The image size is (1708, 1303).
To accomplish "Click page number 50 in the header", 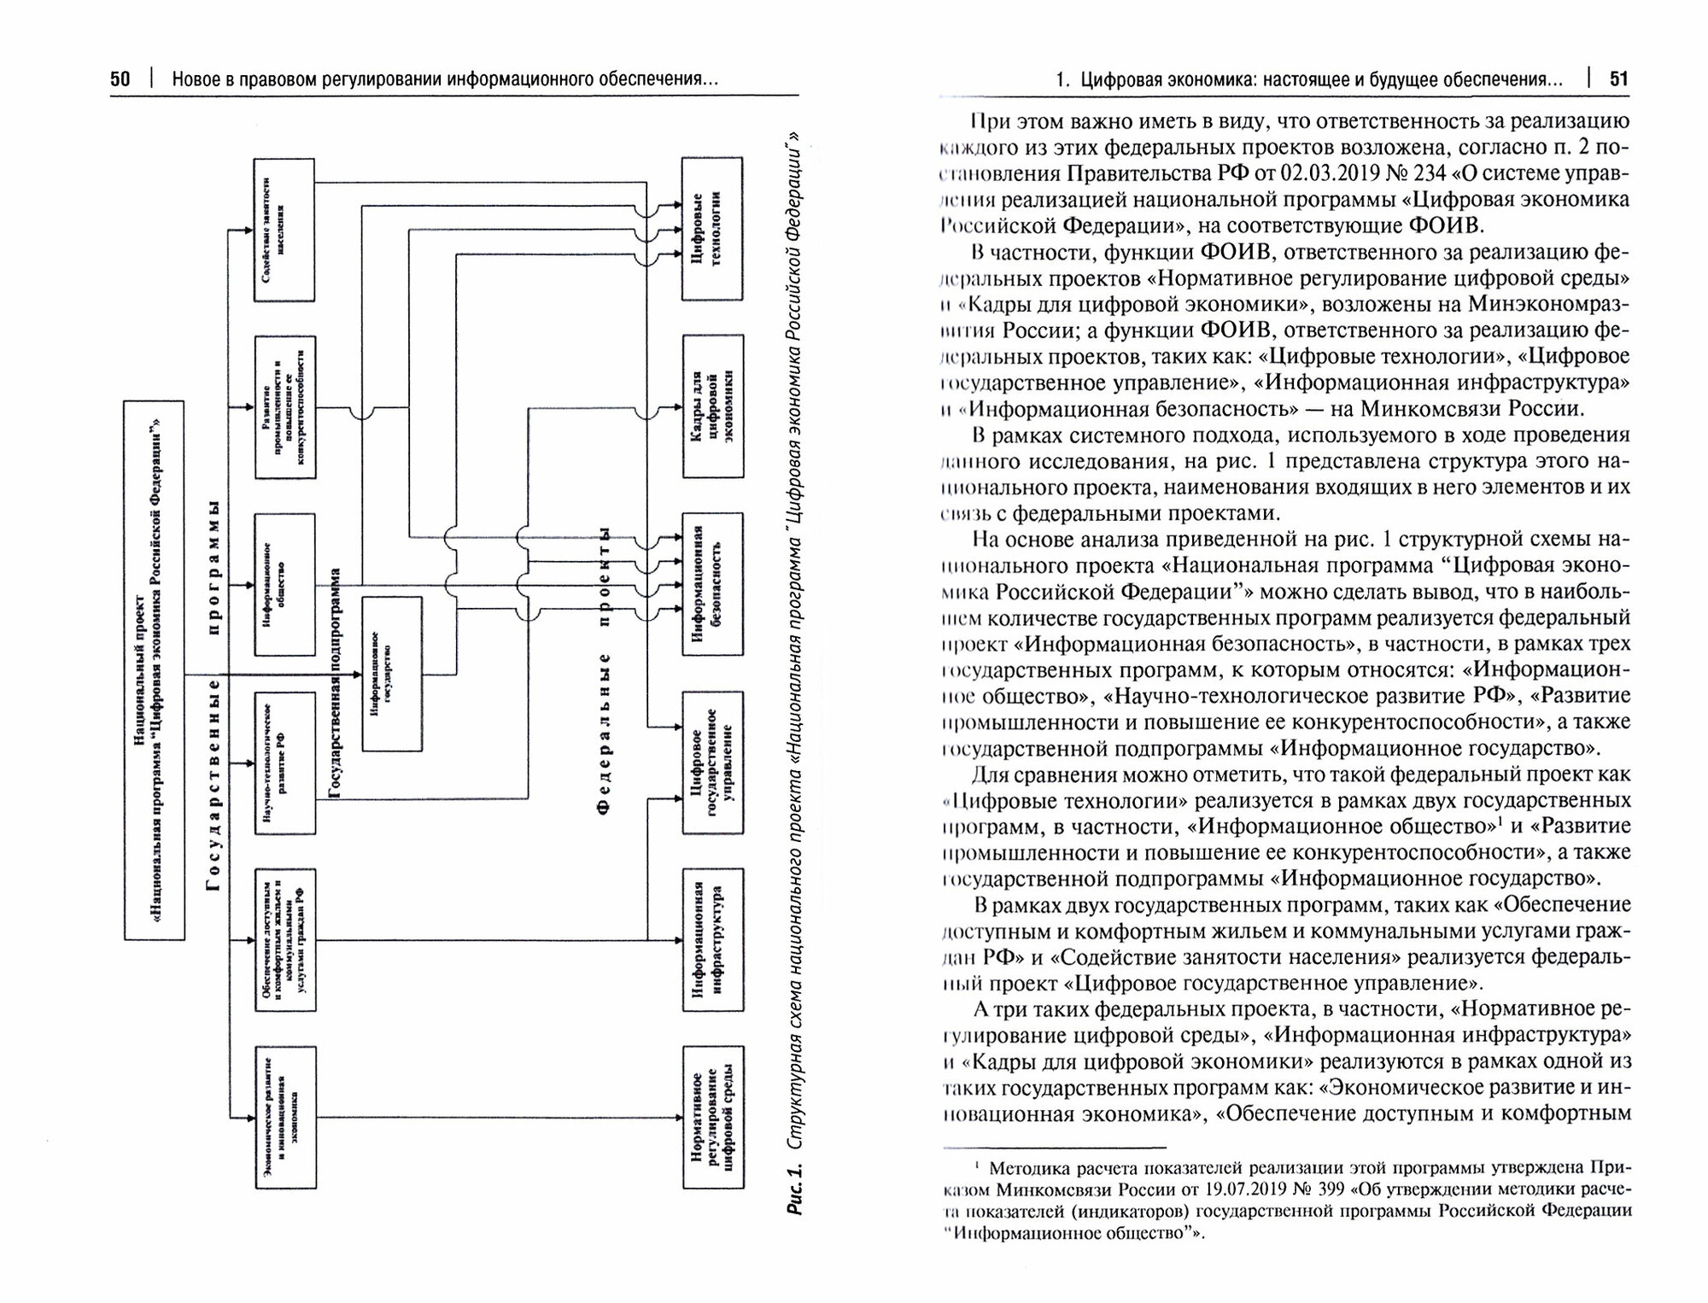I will coord(120,79).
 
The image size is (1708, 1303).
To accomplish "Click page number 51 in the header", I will coord(1619,79).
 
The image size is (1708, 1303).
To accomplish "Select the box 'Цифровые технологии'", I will coord(712,228).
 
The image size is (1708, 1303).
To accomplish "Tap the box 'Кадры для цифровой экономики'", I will coord(712,406).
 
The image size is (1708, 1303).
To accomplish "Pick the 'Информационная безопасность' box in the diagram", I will coord(712,583).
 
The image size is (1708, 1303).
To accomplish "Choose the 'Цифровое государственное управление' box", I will coord(712,762).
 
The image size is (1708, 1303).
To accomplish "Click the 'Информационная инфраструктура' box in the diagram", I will coord(712,939).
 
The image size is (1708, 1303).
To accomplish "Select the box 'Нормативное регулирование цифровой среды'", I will coord(712,1117).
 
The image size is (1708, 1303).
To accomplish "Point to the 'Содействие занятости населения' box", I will coord(284,229).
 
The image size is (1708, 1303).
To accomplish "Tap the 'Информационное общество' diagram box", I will coord(284,584).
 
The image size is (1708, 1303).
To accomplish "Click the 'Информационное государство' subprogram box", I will coord(392,675).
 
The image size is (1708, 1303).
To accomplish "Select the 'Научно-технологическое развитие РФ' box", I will coord(284,762).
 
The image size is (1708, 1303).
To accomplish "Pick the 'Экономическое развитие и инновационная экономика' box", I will coord(285,1117).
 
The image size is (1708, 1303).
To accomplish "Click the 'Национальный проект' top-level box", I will coord(155,670).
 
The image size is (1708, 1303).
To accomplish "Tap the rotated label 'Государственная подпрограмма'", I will coord(335,683).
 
